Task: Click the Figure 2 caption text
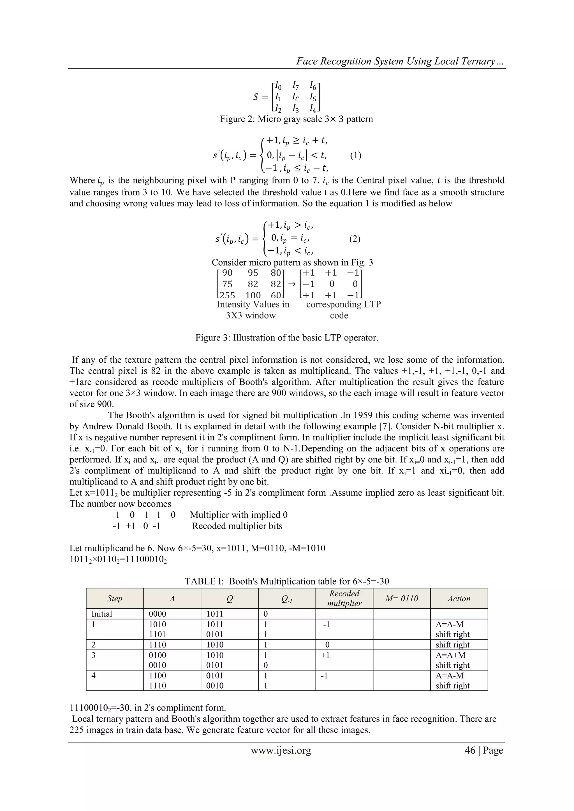pyautogui.click(x=296, y=119)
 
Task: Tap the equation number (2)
pyautogui.click(x=355, y=239)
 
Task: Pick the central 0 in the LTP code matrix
pyautogui.click(x=332, y=284)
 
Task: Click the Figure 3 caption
pyautogui.click(x=287, y=337)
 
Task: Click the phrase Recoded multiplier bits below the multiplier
pyautogui.click(x=237, y=526)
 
